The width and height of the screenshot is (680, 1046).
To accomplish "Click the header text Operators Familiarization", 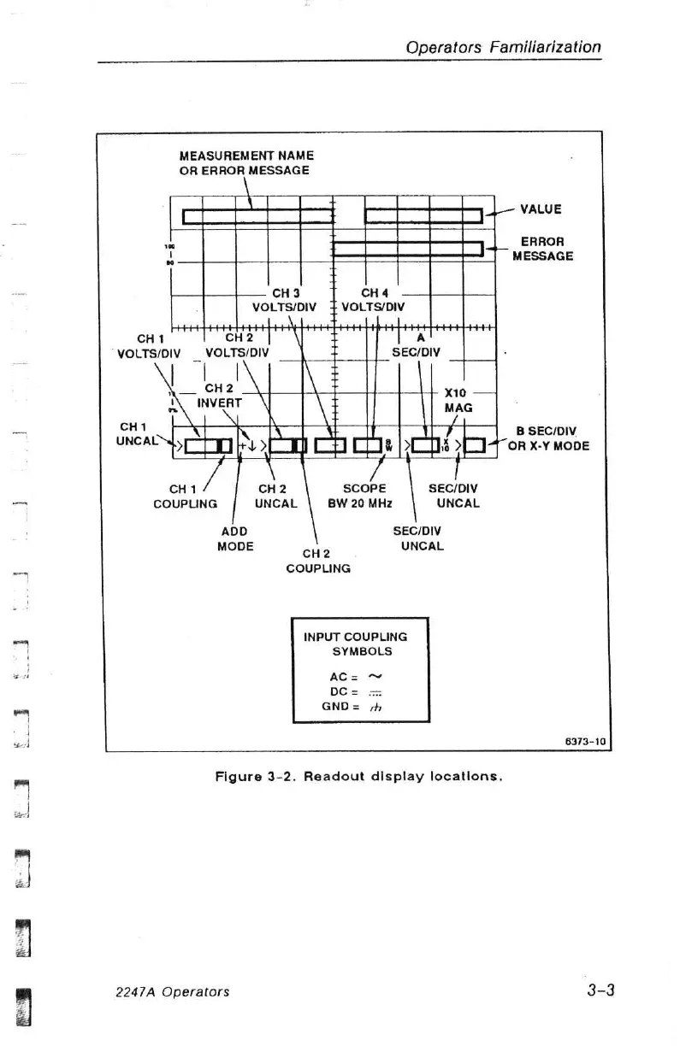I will [x=503, y=48].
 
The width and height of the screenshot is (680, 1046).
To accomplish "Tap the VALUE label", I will [x=541, y=209].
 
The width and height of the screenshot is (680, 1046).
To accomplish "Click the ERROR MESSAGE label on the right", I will [x=542, y=249].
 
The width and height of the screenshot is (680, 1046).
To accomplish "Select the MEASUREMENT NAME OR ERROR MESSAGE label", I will [x=246, y=162].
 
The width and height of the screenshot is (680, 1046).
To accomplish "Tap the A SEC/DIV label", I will [x=416, y=344].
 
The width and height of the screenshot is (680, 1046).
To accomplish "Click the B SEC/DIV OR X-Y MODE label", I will [x=548, y=438].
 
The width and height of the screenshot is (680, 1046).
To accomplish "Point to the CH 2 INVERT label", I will [x=220, y=395].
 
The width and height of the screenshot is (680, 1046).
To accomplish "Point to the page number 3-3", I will [x=601, y=990].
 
